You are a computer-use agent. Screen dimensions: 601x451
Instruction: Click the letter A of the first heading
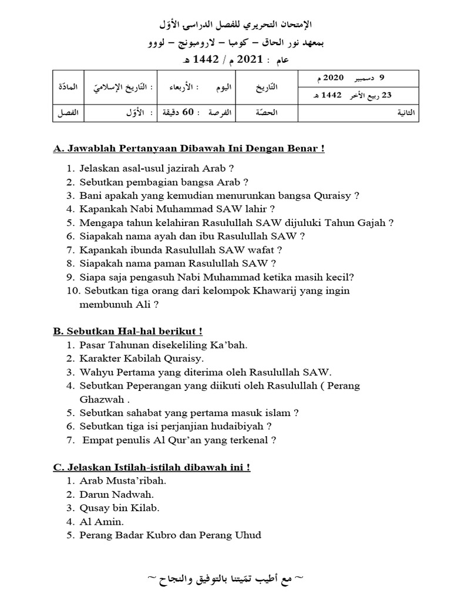tap(58, 148)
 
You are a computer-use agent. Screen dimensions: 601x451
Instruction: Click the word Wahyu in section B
tap(96, 372)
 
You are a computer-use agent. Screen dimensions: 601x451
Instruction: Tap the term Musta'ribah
tap(134, 481)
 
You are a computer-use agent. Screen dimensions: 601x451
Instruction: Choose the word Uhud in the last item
tap(248, 535)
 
